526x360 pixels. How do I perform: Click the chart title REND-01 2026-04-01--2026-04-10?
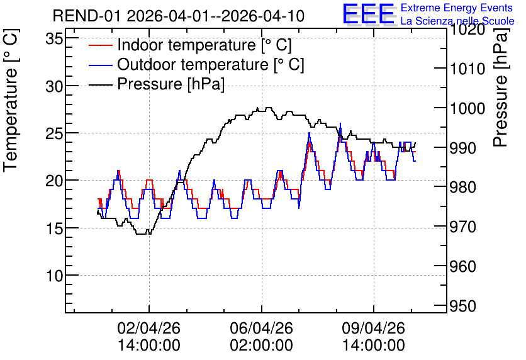coord(179,16)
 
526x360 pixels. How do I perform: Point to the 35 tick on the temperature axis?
coord(54,39)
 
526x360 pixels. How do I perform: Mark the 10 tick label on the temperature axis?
coord(54,276)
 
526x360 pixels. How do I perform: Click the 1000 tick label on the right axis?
coord(467,108)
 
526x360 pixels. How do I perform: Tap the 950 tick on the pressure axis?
coord(462,306)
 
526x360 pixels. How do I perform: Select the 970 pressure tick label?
coord(462,227)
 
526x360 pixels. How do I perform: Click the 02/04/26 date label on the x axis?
coord(149,328)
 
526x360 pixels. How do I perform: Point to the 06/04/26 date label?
coord(261,328)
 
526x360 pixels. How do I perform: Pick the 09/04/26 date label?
coord(373,328)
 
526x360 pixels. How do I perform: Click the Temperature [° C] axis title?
coord(11,100)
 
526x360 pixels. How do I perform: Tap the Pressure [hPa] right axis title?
coord(501,87)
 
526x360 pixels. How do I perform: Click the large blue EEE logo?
coord(368,13)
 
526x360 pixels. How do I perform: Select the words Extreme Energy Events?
coord(457,8)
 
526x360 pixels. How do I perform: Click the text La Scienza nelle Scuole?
coord(457,21)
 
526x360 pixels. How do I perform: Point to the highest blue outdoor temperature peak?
coord(340,123)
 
